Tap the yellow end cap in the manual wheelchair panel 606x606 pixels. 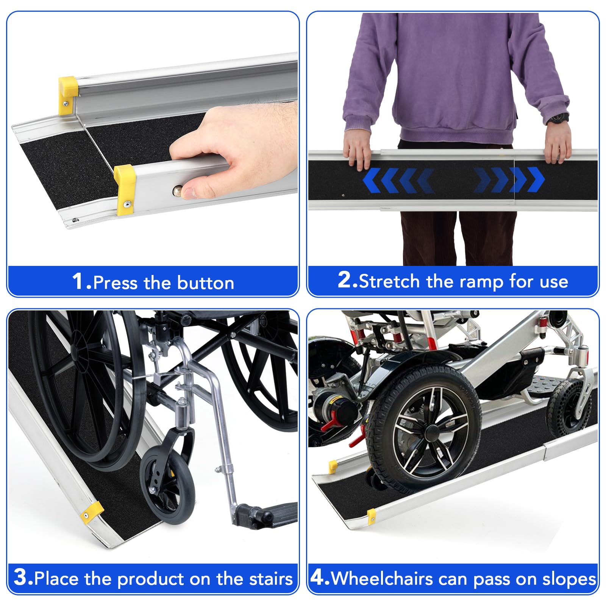click(x=91, y=511)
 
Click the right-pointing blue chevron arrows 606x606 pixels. click(x=509, y=180)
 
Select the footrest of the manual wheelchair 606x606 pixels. click(x=265, y=515)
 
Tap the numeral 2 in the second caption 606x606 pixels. click(x=345, y=280)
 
